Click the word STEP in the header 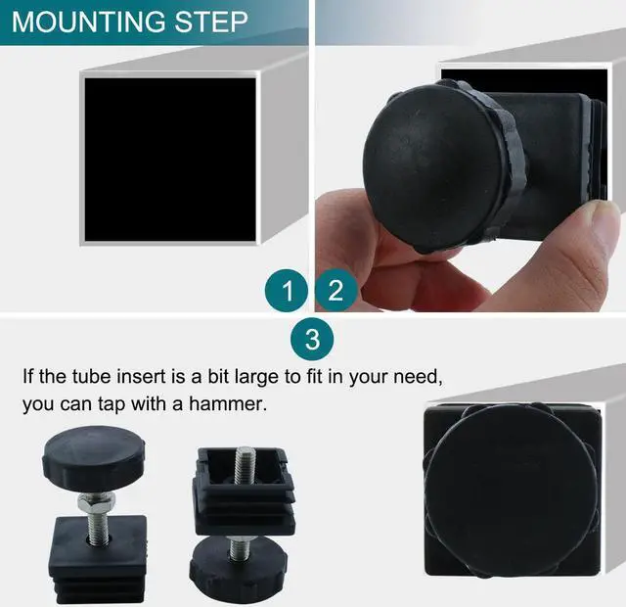pos(210,23)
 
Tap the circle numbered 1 pos(287,291)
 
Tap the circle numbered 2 pos(335,291)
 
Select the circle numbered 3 pos(312,340)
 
